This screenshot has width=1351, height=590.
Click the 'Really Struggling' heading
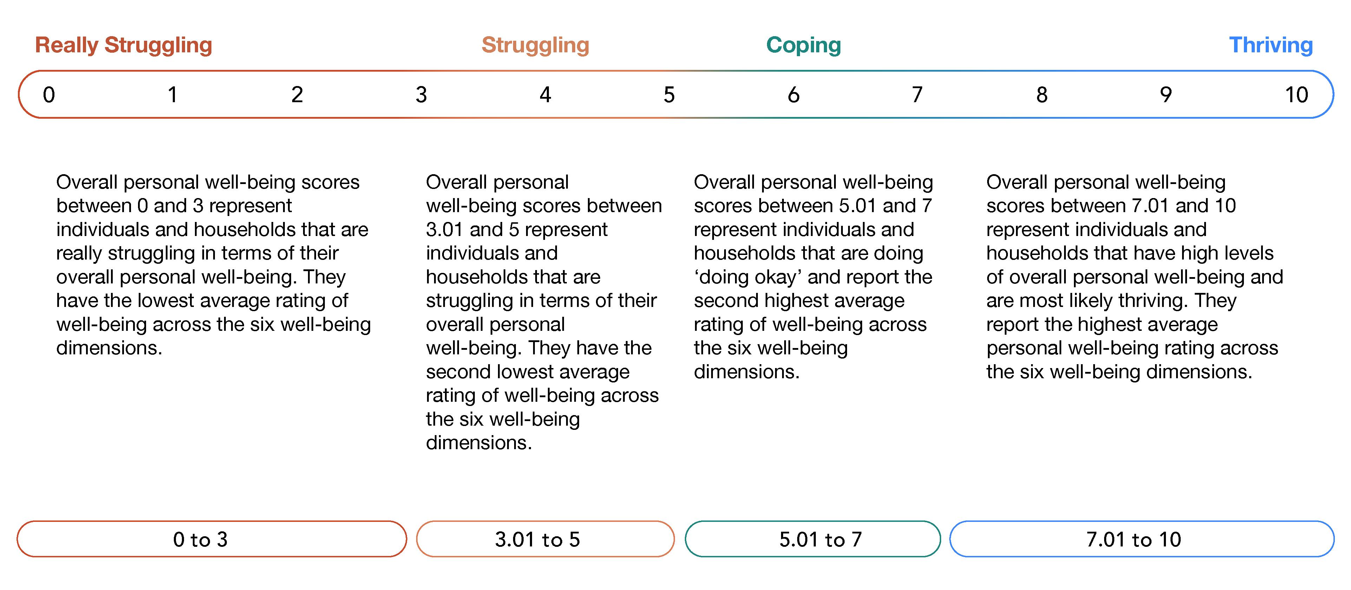[x=123, y=45]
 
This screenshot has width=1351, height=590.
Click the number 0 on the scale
[x=49, y=95]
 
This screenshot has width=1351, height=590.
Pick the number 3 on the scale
[x=421, y=95]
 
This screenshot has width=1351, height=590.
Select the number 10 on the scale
[x=1296, y=95]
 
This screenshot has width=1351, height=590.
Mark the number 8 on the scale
[x=1042, y=95]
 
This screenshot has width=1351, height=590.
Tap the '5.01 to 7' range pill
[x=812, y=539]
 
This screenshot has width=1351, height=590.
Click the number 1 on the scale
[x=172, y=95]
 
